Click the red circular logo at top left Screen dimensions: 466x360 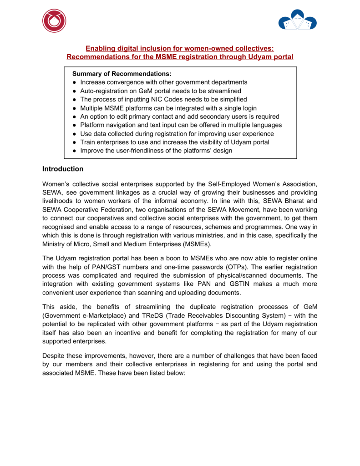54,21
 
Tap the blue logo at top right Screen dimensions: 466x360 297,20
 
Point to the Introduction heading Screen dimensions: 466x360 63,169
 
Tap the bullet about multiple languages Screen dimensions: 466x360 181,125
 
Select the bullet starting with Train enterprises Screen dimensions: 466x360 174,142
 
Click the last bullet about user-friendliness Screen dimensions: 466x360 156,151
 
